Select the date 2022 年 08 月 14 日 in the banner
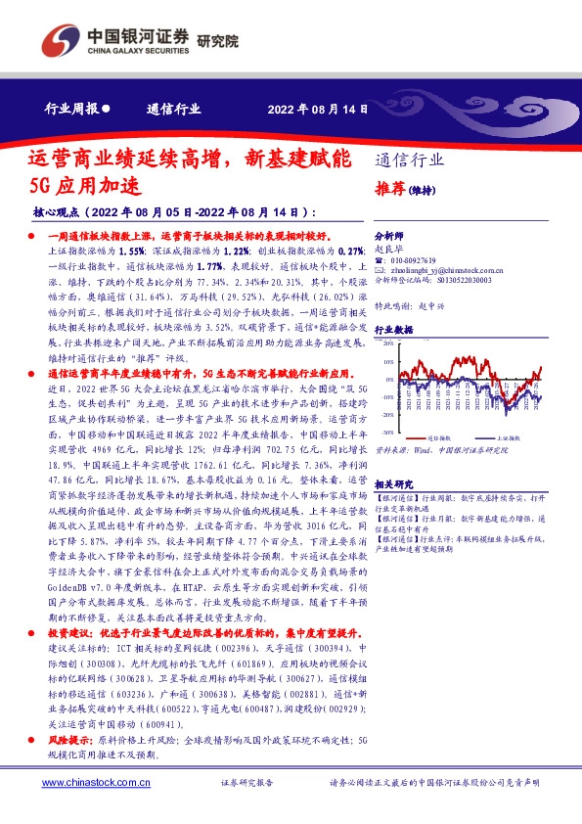(318, 109)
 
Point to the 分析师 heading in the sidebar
(389, 237)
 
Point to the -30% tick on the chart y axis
(387, 431)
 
